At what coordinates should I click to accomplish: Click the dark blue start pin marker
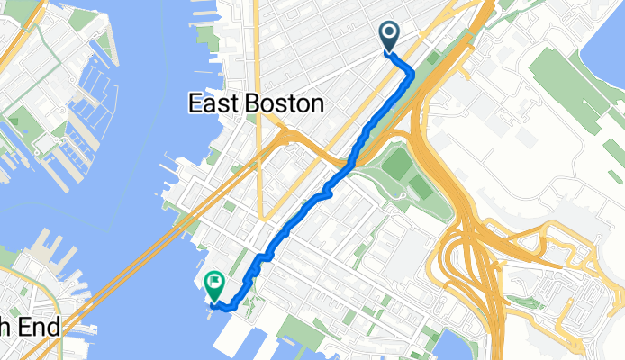(x=390, y=35)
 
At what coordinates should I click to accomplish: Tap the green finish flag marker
(x=214, y=284)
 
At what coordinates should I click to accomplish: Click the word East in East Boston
(x=212, y=103)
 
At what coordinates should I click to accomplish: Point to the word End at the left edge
(x=41, y=328)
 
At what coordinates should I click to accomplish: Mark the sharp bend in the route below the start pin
(x=412, y=71)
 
